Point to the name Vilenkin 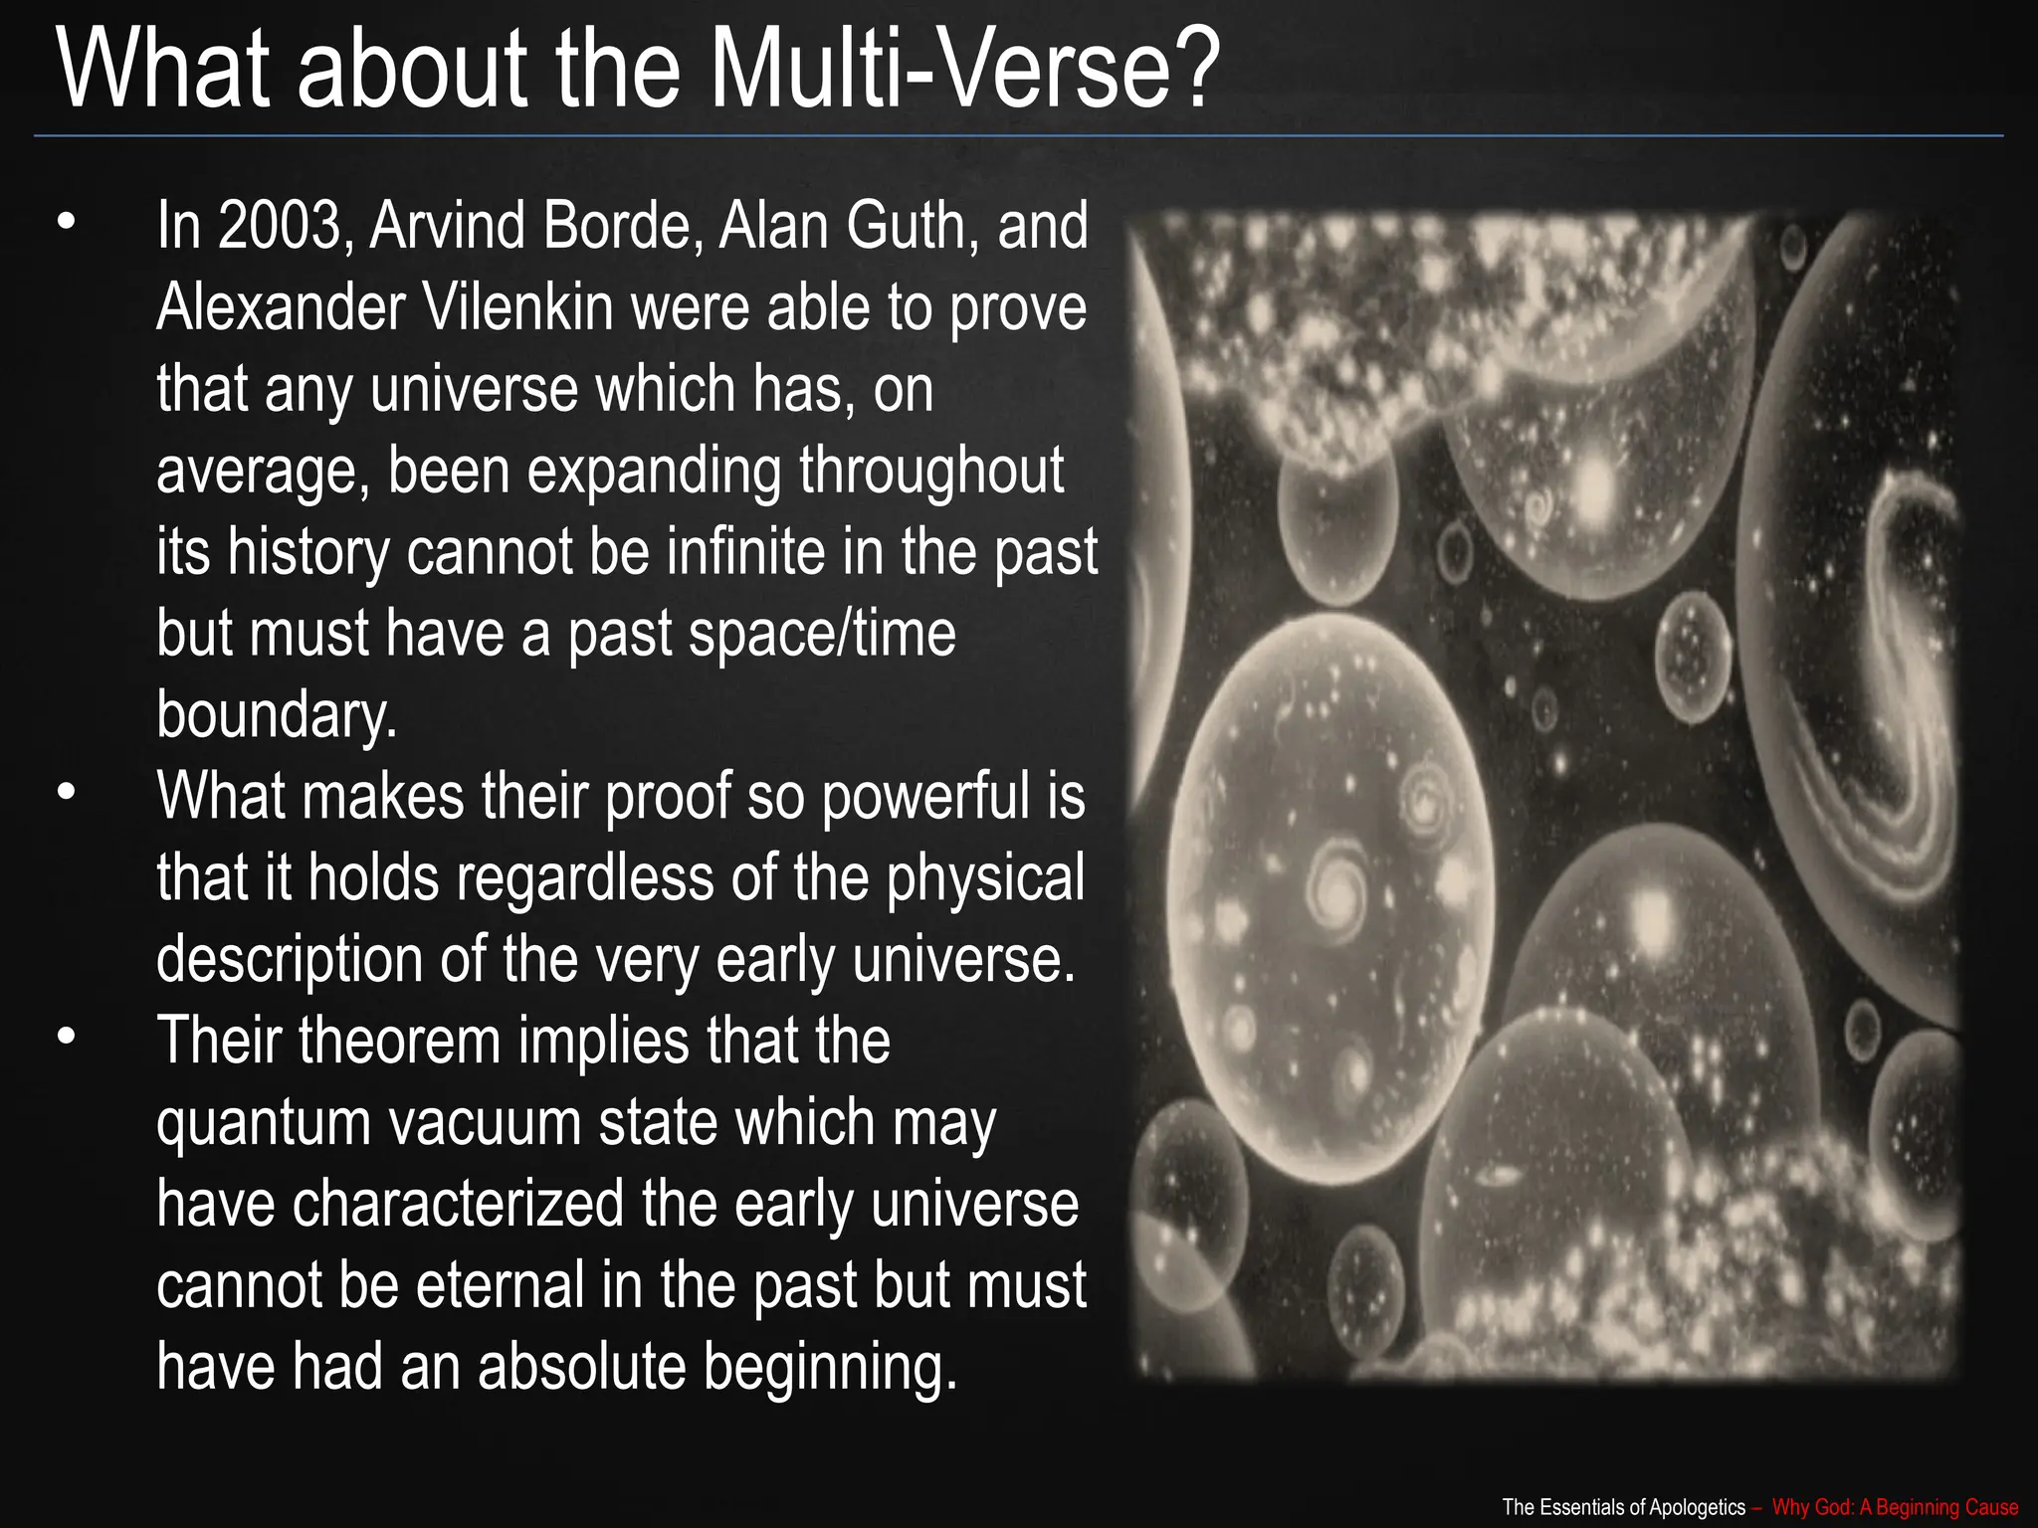point(518,307)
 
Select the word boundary point(277,715)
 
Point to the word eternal point(500,1286)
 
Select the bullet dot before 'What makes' point(66,793)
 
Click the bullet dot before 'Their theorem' point(66,1038)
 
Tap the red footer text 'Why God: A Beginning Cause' point(1895,1507)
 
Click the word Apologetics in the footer point(1699,1507)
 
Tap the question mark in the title point(1190,70)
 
